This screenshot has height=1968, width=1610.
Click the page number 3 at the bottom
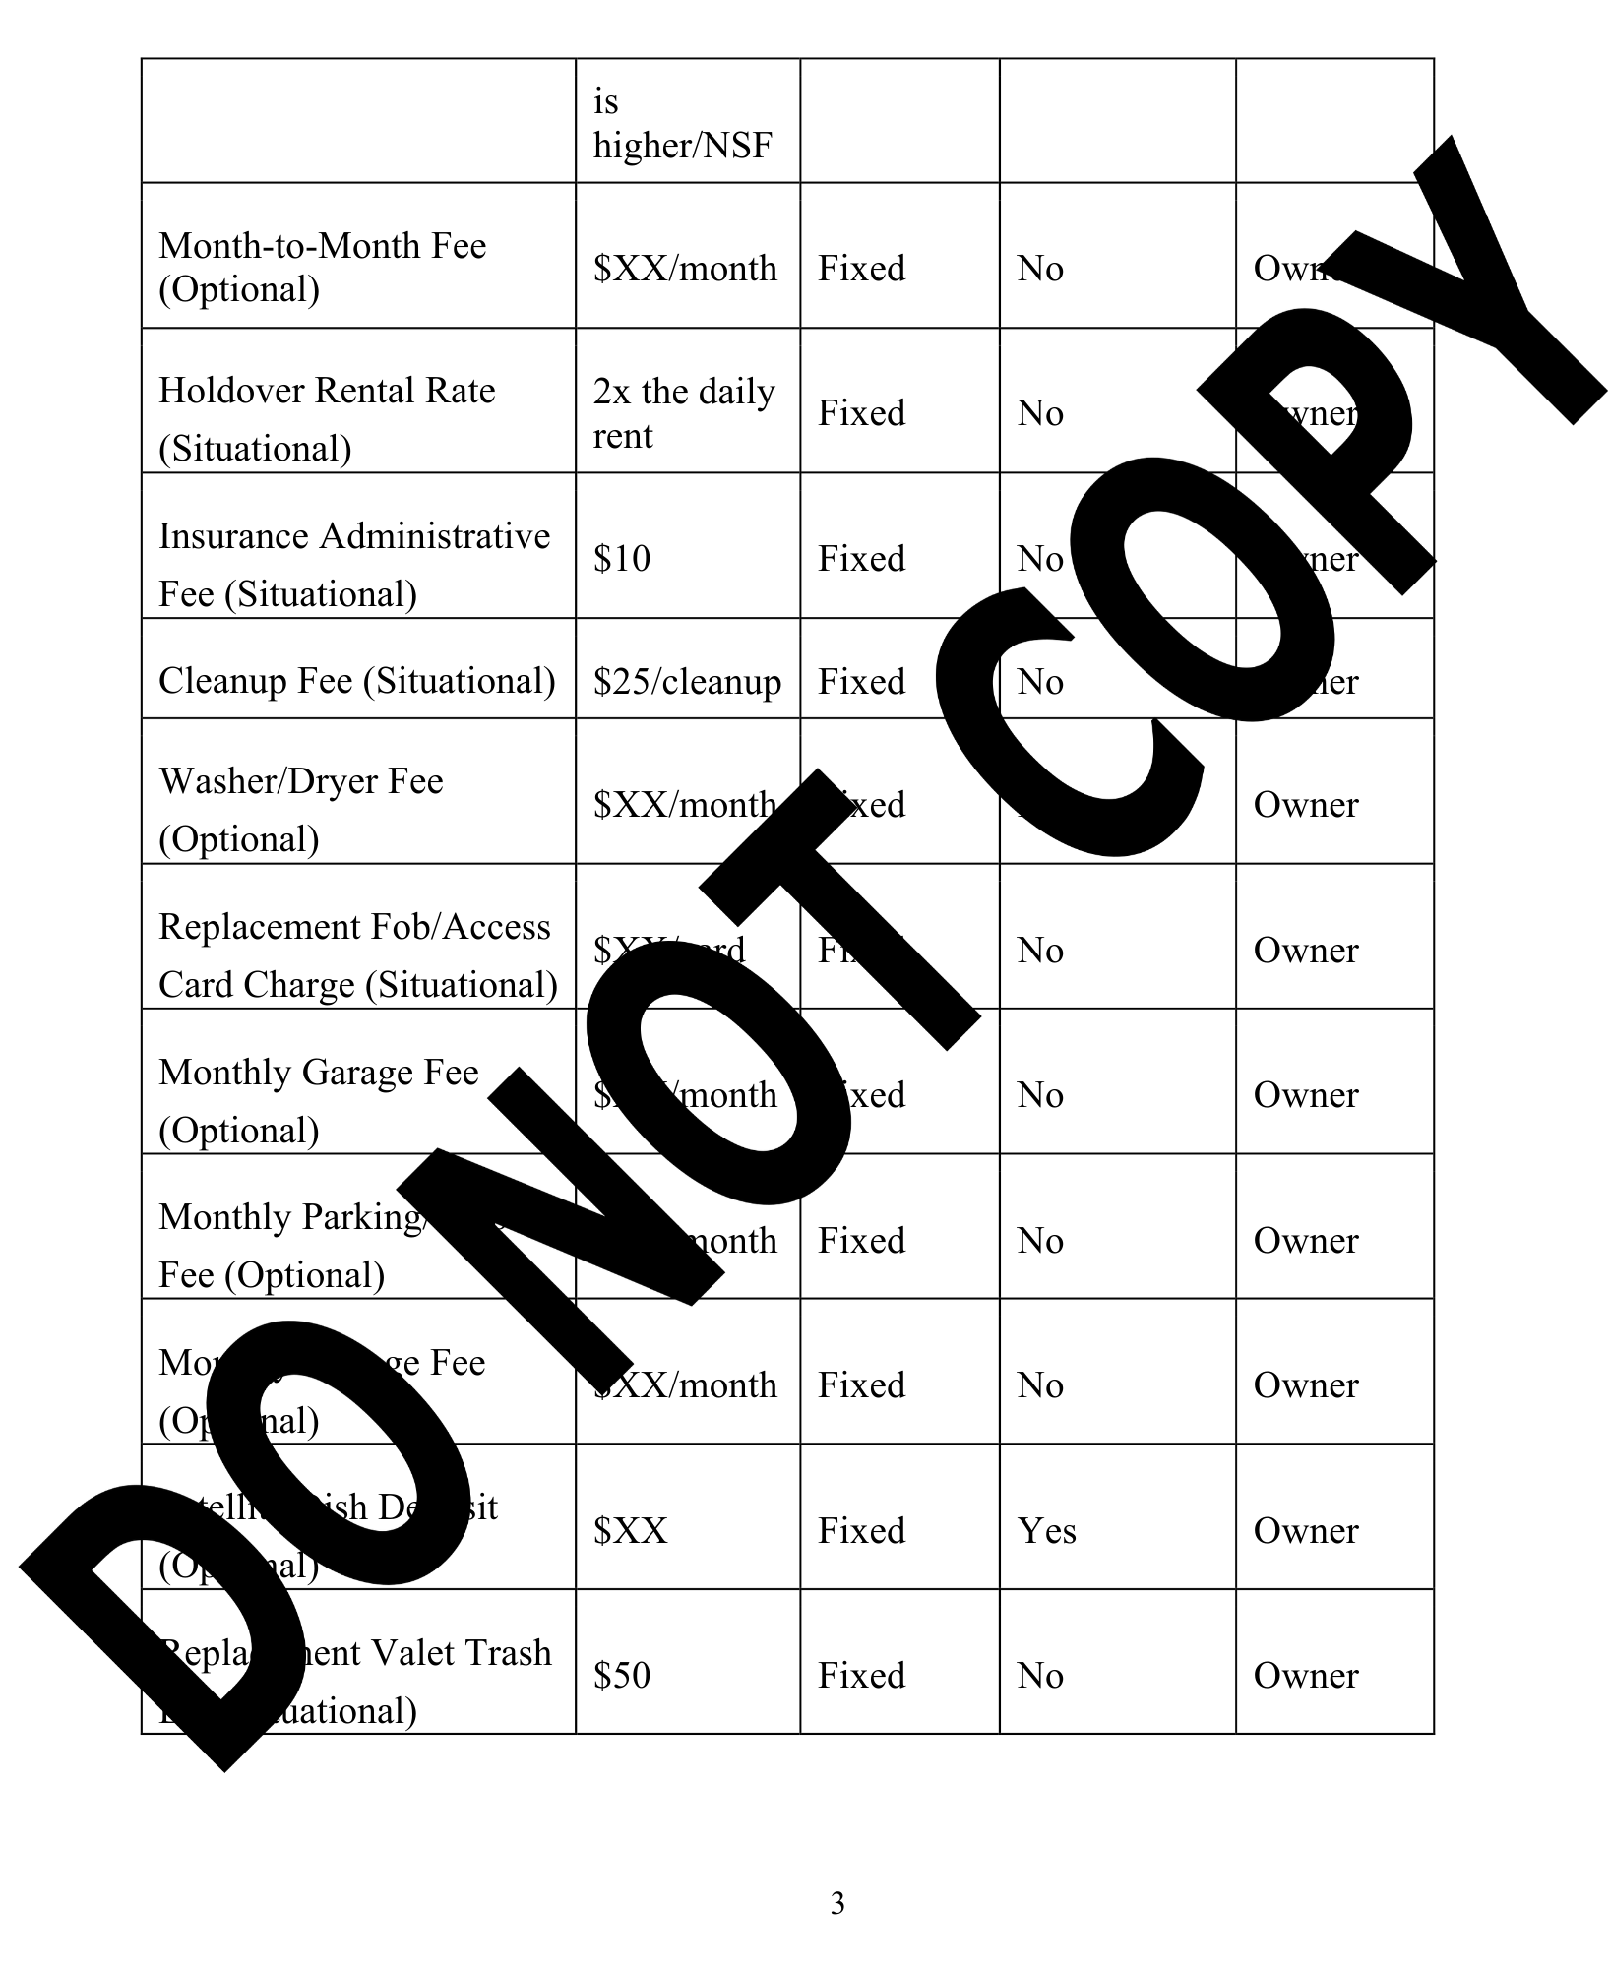(x=837, y=1903)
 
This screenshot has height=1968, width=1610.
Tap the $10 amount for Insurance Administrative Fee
(x=622, y=559)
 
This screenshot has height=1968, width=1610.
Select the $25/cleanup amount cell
(x=687, y=682)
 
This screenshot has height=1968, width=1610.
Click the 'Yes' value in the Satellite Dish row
(x=1046, y=1531)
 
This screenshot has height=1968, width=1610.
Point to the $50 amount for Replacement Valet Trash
(x=622, y=1676)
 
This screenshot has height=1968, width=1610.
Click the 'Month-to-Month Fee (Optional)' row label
(x=322, y=267)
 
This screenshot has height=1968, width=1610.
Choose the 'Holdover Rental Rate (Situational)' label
(x=327, y=418)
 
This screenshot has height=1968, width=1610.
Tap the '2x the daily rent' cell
(x=683, y=413)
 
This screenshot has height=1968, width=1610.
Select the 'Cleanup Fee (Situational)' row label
(x=356, y=681)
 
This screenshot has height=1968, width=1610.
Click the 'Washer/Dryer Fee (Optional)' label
(x=301, y=809)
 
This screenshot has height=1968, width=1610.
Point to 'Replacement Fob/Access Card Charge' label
(x=356, y=955)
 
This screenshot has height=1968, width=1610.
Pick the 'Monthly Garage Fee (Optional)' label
(x=318, y=1100)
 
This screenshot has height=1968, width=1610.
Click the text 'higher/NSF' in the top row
(x=682, y=146)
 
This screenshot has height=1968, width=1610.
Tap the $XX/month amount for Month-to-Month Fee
(x=685, y=269)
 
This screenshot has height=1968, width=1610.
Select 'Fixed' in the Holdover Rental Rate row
(x=861, y=413)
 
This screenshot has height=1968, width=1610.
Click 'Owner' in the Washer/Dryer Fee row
(x=1305, y=805)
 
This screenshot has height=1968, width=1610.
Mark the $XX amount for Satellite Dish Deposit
(x=631, y=1531)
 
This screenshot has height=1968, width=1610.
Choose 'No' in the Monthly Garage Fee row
(x=1040, y=1095)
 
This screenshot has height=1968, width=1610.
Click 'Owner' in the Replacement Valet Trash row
(x=1305, y=1676)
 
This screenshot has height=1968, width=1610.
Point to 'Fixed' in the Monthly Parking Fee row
(x=861, y=1241)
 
